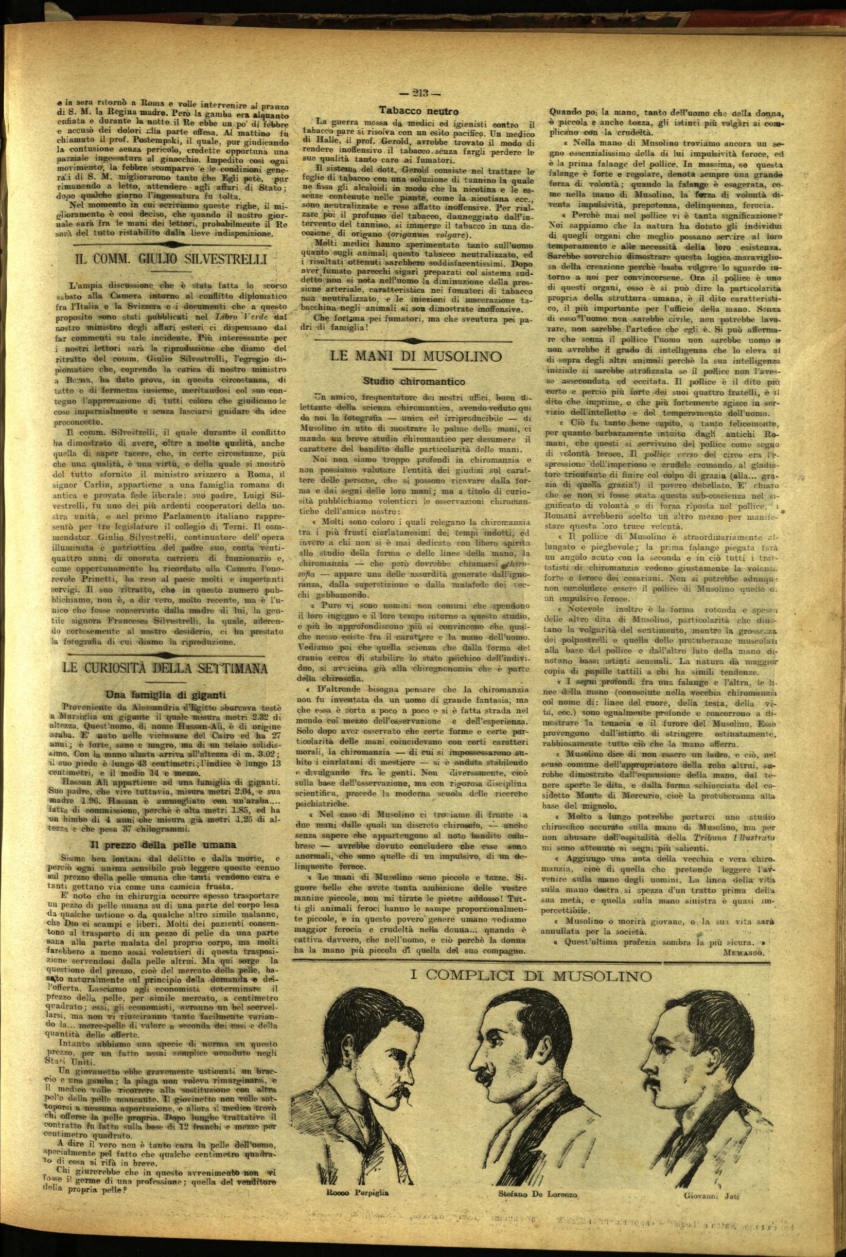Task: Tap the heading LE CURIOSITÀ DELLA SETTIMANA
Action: [165, 667]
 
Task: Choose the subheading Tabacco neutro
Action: [412, 110]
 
